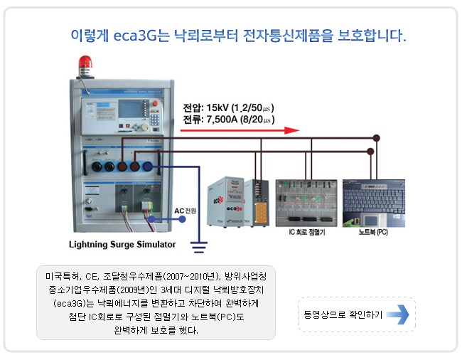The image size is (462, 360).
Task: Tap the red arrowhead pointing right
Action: coord(290,130)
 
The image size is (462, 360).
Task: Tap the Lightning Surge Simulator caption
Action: coord(122,245)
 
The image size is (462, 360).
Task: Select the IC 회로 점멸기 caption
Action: coord(306,233)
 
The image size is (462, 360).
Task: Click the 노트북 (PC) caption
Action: coord(373,233)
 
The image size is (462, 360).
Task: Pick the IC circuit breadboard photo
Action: coord(306,202)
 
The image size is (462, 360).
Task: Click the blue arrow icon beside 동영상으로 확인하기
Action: coord(398,314)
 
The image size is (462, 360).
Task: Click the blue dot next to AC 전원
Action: coord(183,220)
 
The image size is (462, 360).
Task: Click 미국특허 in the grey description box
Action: coord(60,275)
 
